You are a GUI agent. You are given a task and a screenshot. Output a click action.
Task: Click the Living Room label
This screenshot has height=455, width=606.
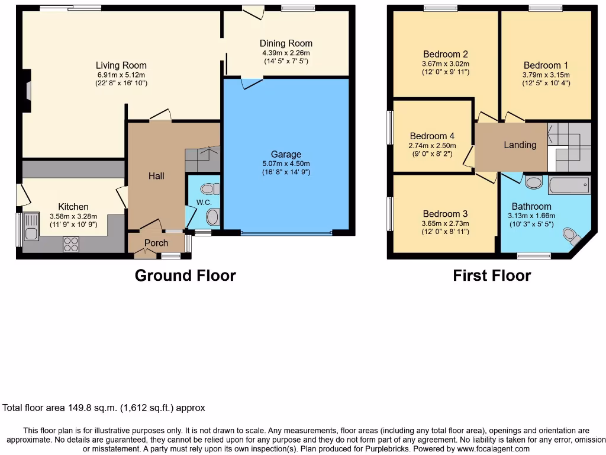[x=121, y=66]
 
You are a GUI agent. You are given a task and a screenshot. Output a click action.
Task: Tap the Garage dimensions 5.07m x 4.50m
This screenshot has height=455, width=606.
[x=286, y=164]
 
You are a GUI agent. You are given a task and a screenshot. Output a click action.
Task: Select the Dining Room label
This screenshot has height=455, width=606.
[x=286, y=43]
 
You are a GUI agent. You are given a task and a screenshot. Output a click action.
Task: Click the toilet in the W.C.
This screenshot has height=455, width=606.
[x=208, y=189]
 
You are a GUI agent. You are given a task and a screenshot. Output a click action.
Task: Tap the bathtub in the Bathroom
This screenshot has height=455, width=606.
[x=569, y=185]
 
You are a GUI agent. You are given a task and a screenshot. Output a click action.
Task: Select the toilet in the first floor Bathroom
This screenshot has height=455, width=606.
[x=572, y=236]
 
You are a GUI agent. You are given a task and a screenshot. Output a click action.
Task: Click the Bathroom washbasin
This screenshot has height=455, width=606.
[x=533, y=182]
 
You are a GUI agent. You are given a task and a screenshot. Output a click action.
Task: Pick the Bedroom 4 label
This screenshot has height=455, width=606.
[x=432, y=136]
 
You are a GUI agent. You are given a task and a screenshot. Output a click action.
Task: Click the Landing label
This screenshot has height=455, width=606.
[x=520, y=145]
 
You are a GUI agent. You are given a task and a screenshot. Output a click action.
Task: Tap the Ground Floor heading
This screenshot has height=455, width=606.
[x=185, y=275]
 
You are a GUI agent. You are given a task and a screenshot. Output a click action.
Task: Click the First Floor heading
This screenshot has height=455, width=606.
[x=492, y=275]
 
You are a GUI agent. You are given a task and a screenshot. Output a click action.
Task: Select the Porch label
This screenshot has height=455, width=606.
[x=156, y=243]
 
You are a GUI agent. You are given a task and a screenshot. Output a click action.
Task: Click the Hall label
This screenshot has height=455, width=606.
[x=156, y=176]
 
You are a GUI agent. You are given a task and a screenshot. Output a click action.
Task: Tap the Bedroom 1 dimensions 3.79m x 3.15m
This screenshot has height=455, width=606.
[x=546, y=75]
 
